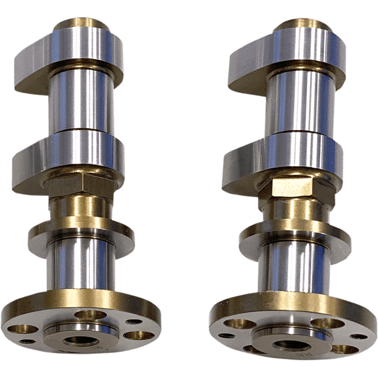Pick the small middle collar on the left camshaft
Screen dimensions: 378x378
point(81,233)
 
